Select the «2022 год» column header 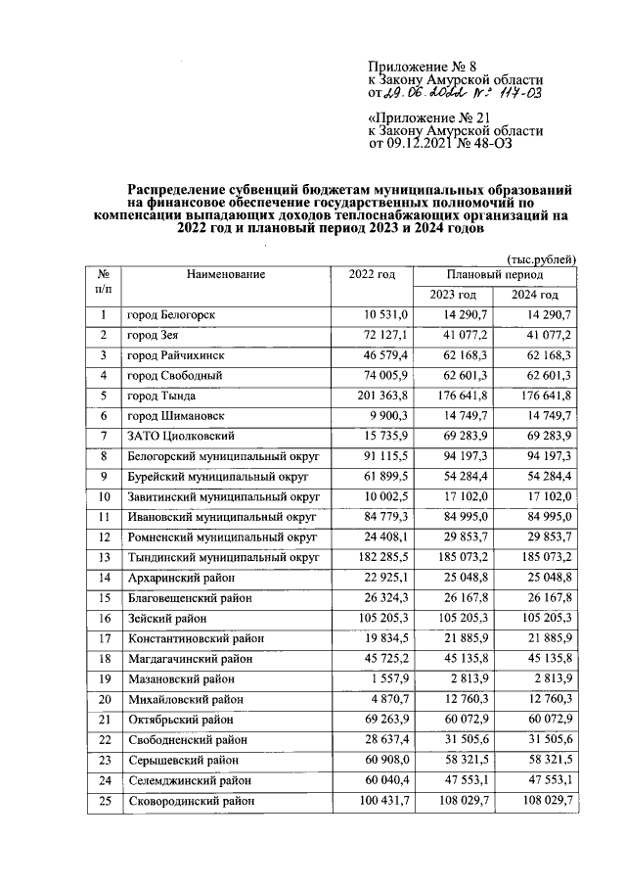(371, 276)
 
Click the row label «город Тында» (161, 396)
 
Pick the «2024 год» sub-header (536, 296)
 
